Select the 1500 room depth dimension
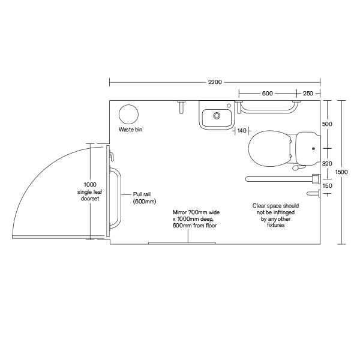(x=341, y=172)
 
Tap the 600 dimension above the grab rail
(x=267, y=93)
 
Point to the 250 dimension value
(x=307, y=93)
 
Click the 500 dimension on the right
(x=327, y=124)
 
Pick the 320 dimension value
(x=327, y=163)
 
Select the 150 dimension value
(x=327, y=186)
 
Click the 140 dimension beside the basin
(x=242, y=130)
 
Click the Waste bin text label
(x=130, y=130)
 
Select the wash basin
(x=217, y=115)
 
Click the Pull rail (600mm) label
(x=145, y=198)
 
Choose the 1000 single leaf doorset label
(x=89, y=191)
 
